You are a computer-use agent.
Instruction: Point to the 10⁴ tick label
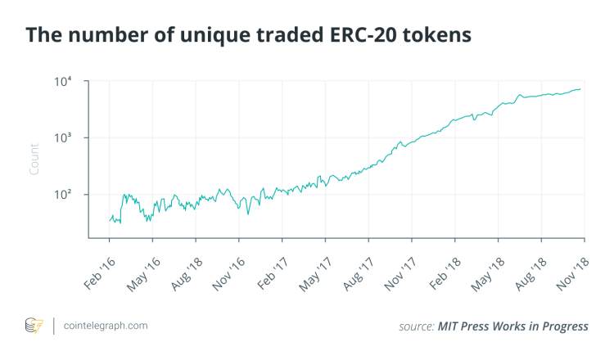65,82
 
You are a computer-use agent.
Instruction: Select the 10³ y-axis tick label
65,137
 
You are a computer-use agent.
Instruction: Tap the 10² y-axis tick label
65,195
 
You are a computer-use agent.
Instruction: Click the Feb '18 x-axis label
443,267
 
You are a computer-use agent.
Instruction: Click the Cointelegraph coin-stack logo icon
34,325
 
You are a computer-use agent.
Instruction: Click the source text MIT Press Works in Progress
494,326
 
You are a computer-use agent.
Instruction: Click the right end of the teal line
581,89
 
